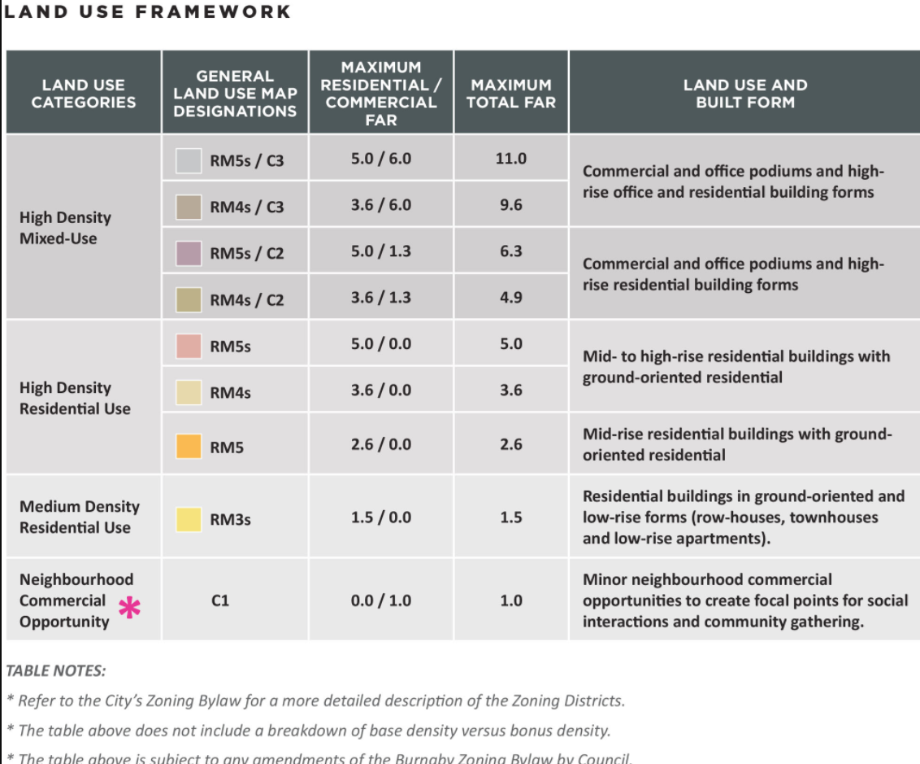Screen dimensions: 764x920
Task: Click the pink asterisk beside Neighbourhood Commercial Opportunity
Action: [x=129, y=608]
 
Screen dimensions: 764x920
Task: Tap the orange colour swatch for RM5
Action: [x=189, y=446]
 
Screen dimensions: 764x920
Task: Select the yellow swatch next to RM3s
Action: [x=189, y=519]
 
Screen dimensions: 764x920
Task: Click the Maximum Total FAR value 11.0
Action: [x=510, y=159]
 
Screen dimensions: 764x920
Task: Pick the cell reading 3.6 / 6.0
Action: [x=380, y=205]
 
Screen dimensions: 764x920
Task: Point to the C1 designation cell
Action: [x=219, y=601]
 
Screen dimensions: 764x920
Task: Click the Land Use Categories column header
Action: [x=84, y=93]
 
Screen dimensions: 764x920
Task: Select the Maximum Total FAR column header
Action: [x=510, y=93]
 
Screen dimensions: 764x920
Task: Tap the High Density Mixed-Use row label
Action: [x=65, y=228]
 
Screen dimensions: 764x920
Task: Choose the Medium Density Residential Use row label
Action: [x=79, y=517]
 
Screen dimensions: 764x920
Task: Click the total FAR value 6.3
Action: [x=510, y=251]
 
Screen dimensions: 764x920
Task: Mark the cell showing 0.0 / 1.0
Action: [x=380, y=601]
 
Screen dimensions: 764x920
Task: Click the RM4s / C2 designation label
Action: [x=246, y=300]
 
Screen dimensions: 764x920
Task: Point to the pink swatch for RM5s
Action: [x=189, y=346]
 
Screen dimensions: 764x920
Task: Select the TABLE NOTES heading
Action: [x=55, y=671]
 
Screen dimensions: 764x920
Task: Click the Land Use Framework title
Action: [x=147, y=11]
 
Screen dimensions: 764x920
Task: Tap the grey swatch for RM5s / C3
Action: [x=189, y=160]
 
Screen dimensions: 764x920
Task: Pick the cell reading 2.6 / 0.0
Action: [x=380, y=444]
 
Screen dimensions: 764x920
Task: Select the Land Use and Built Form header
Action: [x=744, y=93]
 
